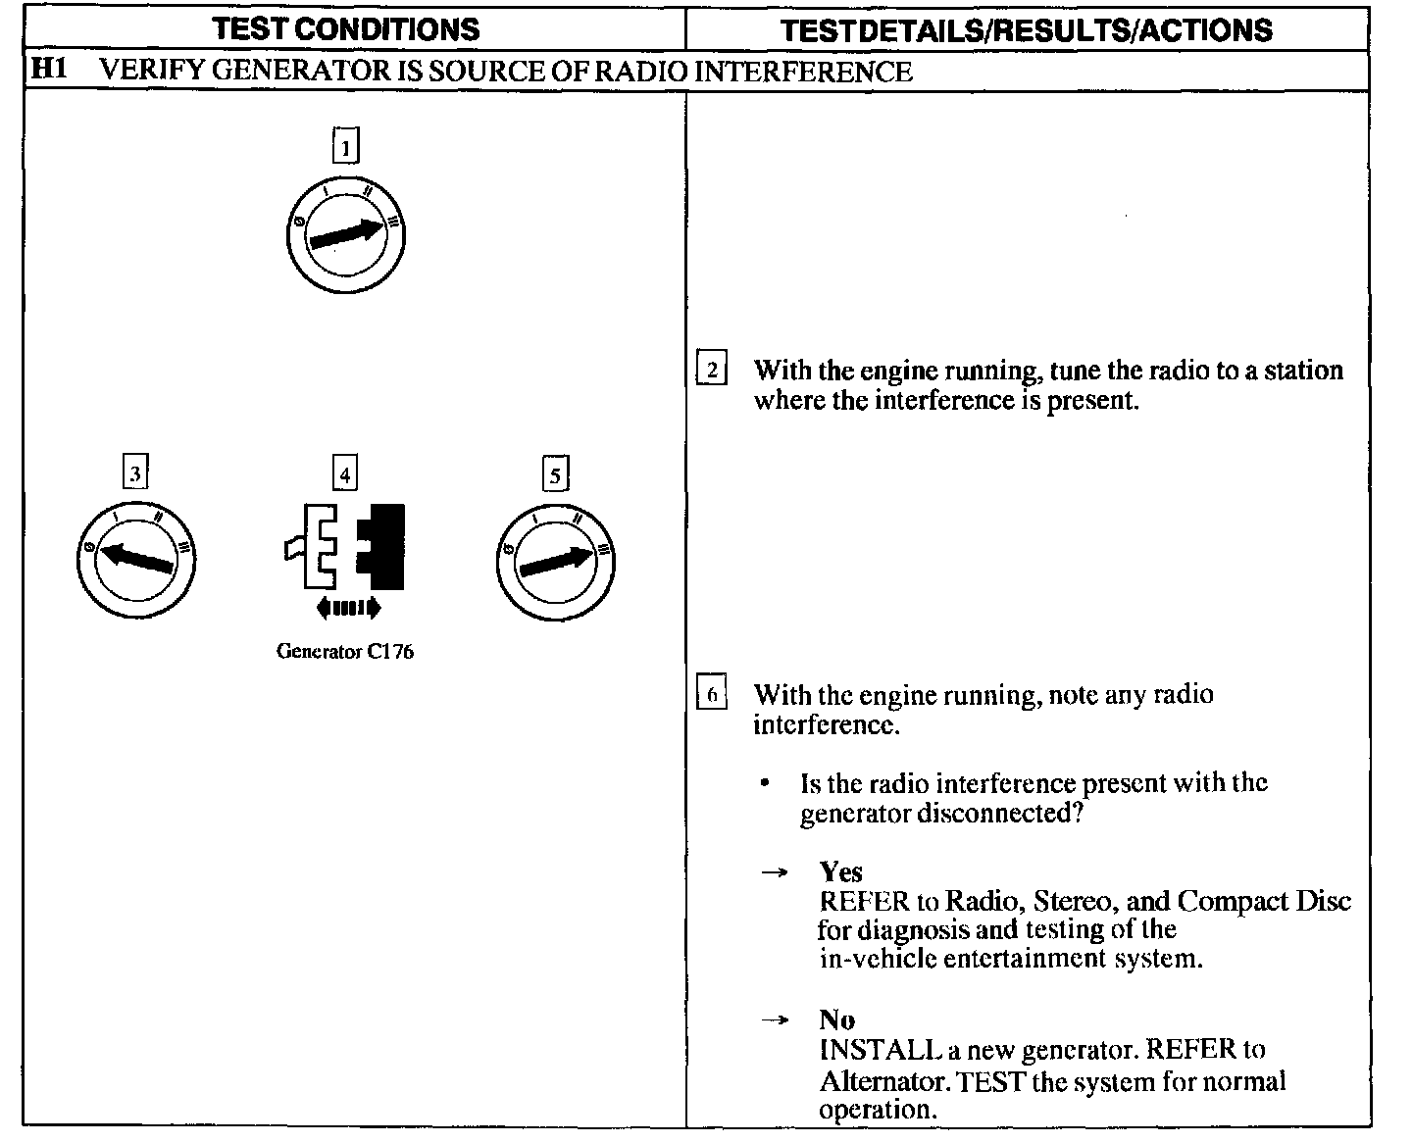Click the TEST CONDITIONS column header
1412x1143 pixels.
(x=346, y=29)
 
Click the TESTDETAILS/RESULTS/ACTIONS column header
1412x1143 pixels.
(x=1027, y=30)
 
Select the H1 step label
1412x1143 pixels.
(x=48, y=70)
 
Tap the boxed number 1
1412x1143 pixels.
(x=346, y=147)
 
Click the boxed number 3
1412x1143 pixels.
(x=135, y=473)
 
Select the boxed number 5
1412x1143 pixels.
(x=556, y=475)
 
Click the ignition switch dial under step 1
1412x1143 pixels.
(x=346, y=234)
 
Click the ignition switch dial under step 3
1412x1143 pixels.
(x=136, y=560)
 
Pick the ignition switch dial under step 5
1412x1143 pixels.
(x=555, y=562)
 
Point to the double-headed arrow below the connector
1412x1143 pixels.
(x=347, y=609)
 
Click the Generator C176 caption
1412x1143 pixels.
(x=345, y=652)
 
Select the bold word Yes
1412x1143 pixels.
(x=841, y=871)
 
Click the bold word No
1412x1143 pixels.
(x=837, y=1019)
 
